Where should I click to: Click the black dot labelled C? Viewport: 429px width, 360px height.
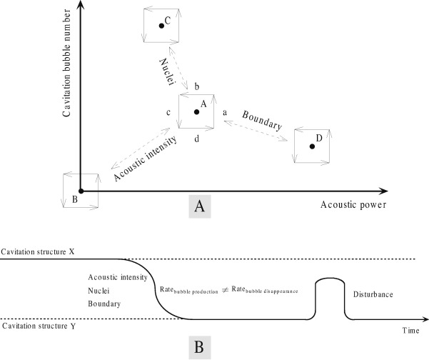coord(161,26)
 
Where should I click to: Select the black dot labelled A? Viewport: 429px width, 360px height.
coord(197,111)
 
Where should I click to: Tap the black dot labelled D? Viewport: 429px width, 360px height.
coord(312,147)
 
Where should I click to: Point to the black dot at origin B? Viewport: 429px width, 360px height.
coord(81,191)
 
